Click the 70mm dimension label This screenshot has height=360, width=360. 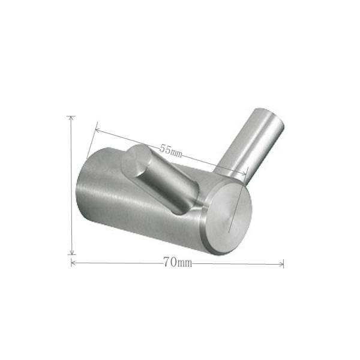coord(178,262)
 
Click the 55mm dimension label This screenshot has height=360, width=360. coord(171,151)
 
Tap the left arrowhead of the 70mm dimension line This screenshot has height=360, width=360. coord(73,263)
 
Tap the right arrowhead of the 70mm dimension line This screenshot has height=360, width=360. coord(281,264)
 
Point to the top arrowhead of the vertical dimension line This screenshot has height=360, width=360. coord(71,118)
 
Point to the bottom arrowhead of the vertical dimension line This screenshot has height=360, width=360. coord(72,252)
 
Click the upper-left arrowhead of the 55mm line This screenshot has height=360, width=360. coord(97,131)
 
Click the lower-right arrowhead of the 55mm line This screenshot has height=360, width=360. coord(244,173)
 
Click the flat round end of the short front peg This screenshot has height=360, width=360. coord(134,160)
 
